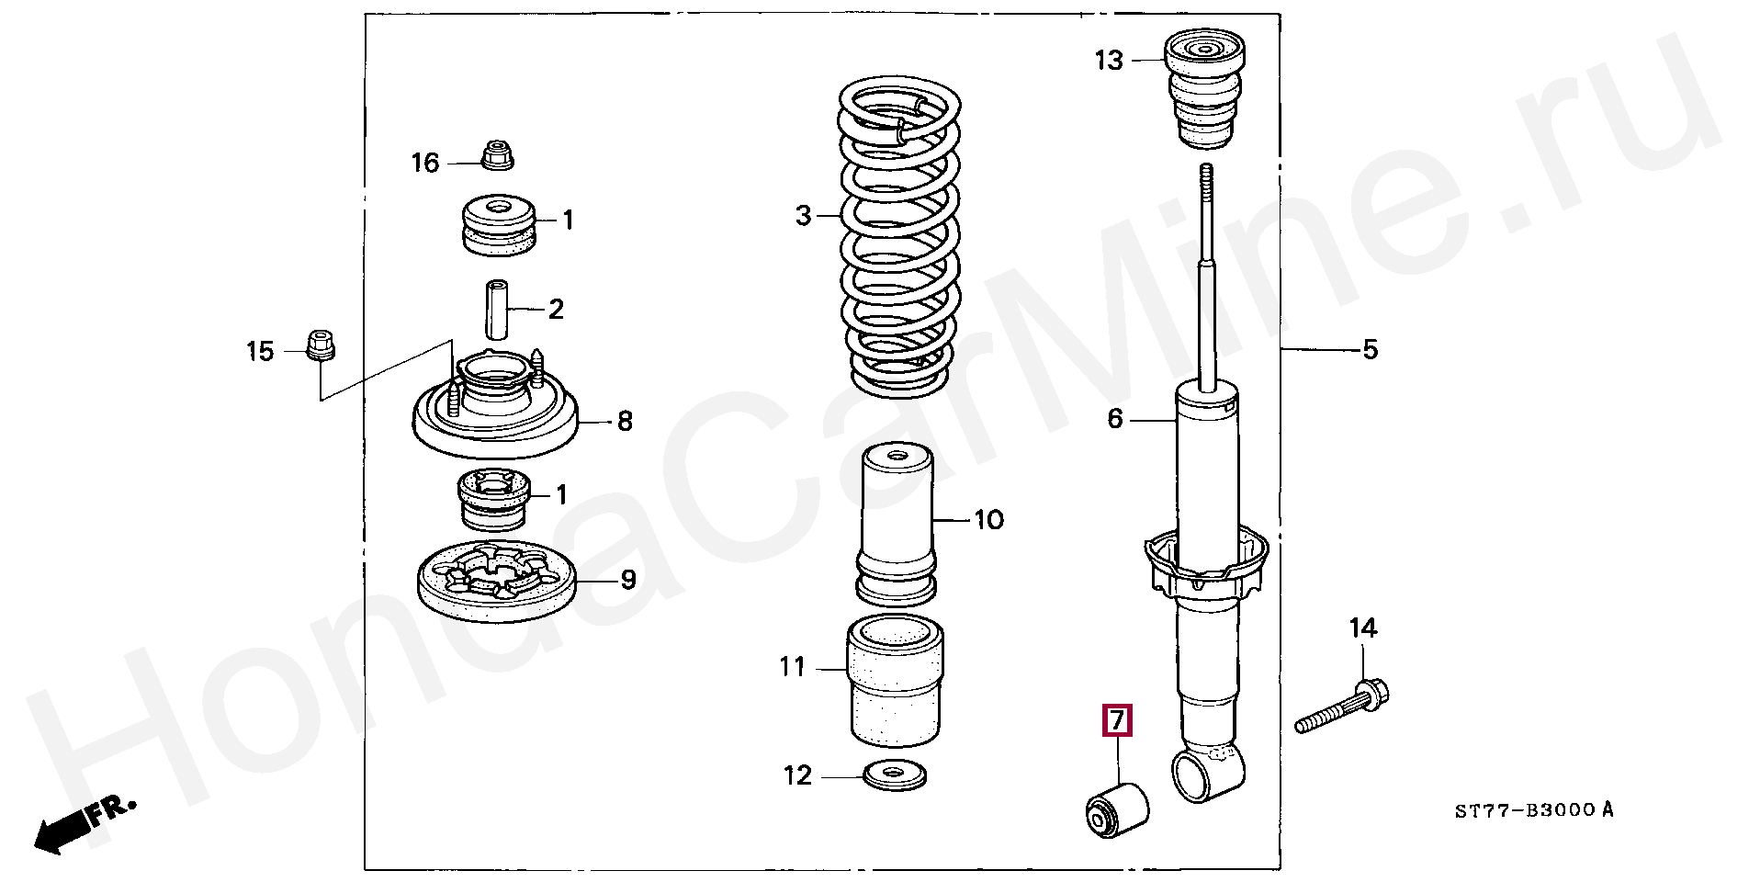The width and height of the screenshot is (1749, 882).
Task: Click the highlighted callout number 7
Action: click(x=1116, y=720)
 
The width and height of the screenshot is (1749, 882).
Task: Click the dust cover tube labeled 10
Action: click(x=897, y=525)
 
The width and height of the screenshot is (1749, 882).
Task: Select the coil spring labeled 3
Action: click(x=900, y=239)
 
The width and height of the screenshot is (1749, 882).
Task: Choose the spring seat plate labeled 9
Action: click(x=496, y=584)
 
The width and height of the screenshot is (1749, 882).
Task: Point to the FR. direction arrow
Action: click(x=83, y=821)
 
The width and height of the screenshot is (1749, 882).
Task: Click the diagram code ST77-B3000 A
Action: click(x=1533, y=810)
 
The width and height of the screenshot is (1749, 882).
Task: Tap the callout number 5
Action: click(x=1370, y=349)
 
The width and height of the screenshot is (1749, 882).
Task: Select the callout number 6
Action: click(x=1114, y=419)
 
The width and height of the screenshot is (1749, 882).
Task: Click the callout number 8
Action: click(x=624, y=422)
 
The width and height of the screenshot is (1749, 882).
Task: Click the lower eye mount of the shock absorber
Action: click(x=1199, y=774)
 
